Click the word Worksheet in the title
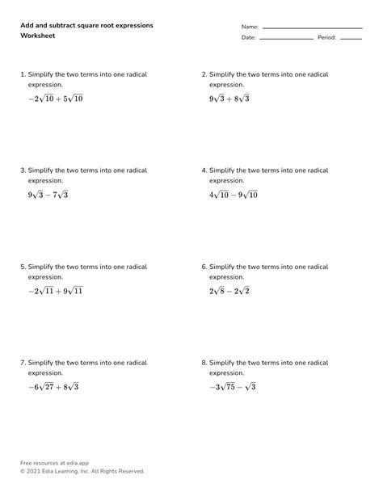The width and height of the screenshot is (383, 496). [37, 37]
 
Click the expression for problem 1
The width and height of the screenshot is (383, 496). [55, 99]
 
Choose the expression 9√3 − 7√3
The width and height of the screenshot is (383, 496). [48, 195]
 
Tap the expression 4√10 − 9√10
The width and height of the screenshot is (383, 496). [234, 195]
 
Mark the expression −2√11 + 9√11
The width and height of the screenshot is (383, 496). [55, 291]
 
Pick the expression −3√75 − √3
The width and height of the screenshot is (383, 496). [232, 387]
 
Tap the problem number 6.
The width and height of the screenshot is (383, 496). [204, 266]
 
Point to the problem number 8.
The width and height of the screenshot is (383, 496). [204, 362]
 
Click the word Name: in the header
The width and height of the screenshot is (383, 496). [250, 27]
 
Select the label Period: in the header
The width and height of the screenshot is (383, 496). [326, 37]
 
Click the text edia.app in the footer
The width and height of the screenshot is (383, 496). [71, 463]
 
